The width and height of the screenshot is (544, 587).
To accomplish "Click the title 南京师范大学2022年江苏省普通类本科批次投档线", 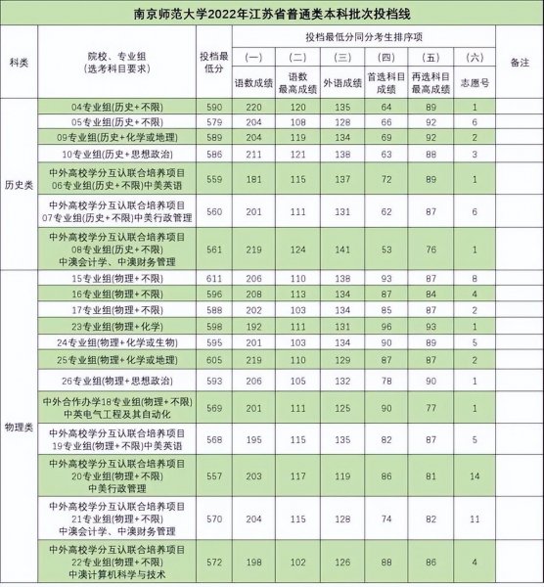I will pos(272,13).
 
